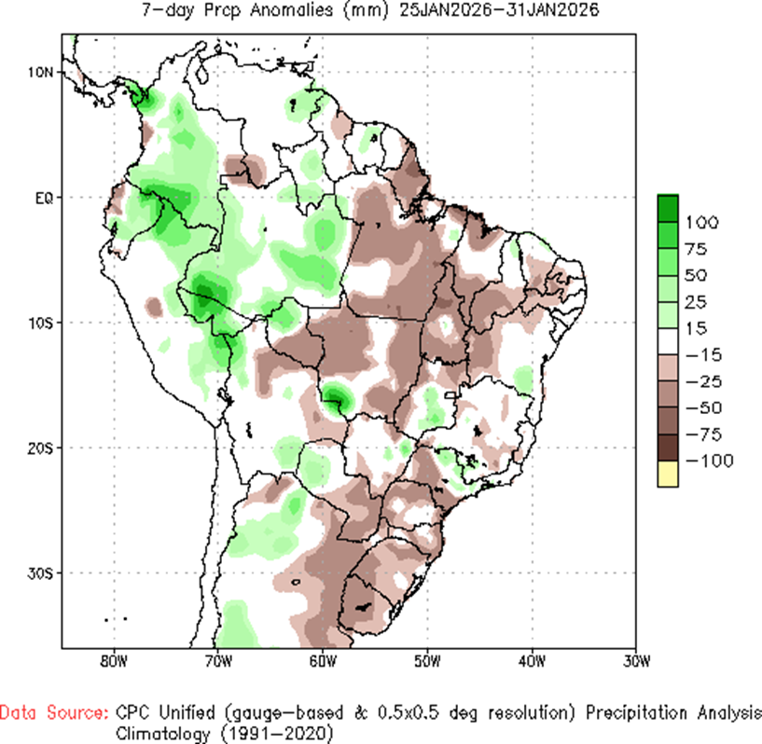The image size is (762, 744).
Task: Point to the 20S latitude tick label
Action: (41, 448)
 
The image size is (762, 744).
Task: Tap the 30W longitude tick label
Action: (635, 663)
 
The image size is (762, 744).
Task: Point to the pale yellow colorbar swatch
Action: (668, 474)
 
